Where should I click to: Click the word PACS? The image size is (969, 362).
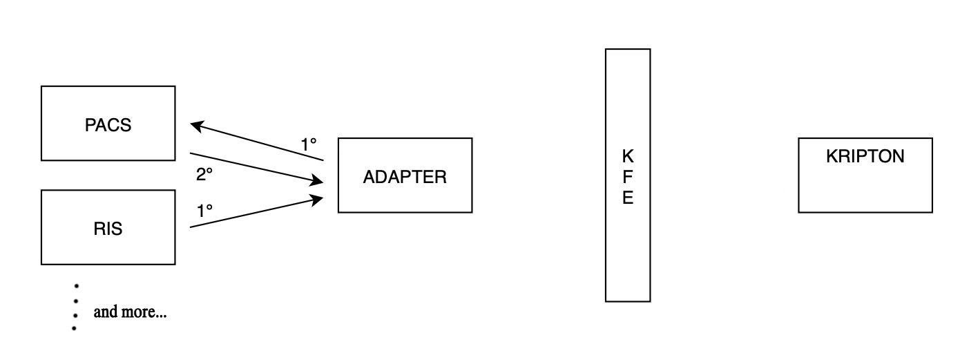coord(108,125)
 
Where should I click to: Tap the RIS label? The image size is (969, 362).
coord(108,229)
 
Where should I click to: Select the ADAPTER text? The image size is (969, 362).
coord(405,177)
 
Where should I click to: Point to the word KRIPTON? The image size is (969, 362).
coord(865,156)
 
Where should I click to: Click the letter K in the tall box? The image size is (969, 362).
coord(628,155)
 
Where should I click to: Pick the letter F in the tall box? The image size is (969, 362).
coord(628,177)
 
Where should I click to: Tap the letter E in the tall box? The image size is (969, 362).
coord(628,198)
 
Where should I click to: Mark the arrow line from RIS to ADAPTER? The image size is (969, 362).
coord(256,212)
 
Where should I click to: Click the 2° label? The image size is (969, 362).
coord(204,175)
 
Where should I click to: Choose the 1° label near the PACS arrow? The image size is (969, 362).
coord(309,144)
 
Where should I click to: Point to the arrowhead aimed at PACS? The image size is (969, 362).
coord(195,126)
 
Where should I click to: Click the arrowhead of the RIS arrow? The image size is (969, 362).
coord(318,199)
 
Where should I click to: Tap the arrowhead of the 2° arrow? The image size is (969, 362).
coord(318,182)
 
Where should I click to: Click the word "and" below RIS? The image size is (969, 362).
coord(105,312)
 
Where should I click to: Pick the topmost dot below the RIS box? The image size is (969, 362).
coord(76,285)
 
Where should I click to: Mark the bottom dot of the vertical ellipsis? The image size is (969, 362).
coord(74,327)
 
